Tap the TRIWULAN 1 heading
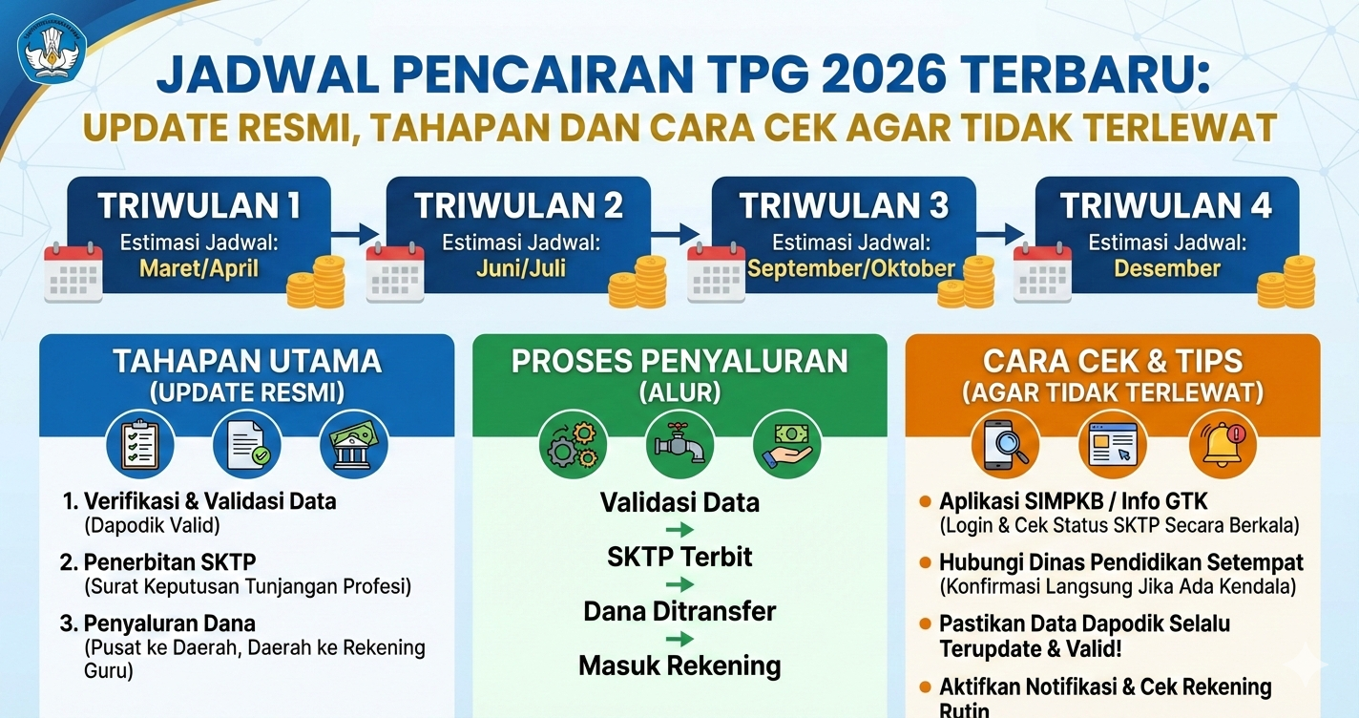click(199, 205)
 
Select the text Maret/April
click(199, 268)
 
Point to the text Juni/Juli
click(521, 268)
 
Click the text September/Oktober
click(850, 268)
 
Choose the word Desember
click(1167, 268)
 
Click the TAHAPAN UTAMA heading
click(247, 361)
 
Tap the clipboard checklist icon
click(139, 444)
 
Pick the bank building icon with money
click(353, 444)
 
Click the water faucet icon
click(679, 444)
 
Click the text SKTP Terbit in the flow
click(679, 557)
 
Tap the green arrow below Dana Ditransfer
click(679, 640)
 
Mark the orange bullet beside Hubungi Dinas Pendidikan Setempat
click(924, 562)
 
